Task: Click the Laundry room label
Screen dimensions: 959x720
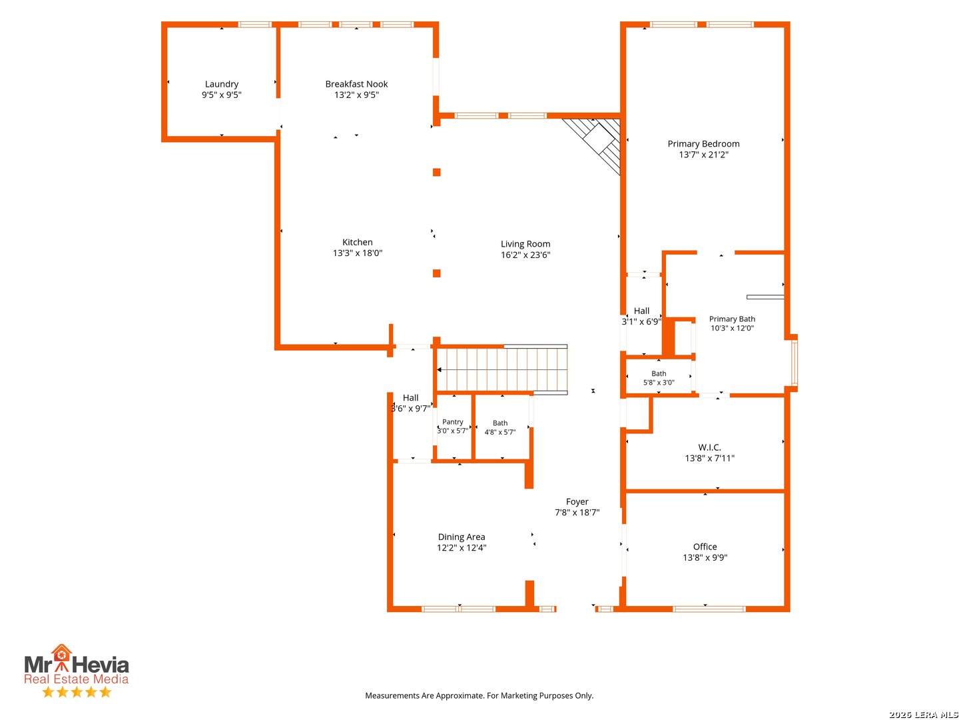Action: (222, 84)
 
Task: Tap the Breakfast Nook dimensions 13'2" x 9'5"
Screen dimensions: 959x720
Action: (356, 95)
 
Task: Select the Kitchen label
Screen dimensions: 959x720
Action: (358, 242)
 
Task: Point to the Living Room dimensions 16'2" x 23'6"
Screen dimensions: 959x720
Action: (525, 255)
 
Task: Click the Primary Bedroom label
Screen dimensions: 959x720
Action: (703, 144)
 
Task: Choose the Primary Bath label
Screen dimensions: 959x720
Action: (732, 319)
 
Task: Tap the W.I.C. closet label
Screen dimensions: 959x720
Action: (709, 447)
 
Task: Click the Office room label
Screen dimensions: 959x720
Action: (705, 547)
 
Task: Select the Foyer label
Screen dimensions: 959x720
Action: (577, 502)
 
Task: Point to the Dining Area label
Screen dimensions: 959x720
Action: (462, 537)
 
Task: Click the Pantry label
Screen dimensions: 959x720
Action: (453, 422)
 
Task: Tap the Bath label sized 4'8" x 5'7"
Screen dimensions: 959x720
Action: (500, 423)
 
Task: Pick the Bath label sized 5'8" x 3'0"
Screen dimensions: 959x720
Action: (659, 373)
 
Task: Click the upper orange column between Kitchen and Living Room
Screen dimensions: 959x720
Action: (436, 172)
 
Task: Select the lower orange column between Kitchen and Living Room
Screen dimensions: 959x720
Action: (436, 273)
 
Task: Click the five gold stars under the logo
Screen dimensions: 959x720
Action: (77, 691)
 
